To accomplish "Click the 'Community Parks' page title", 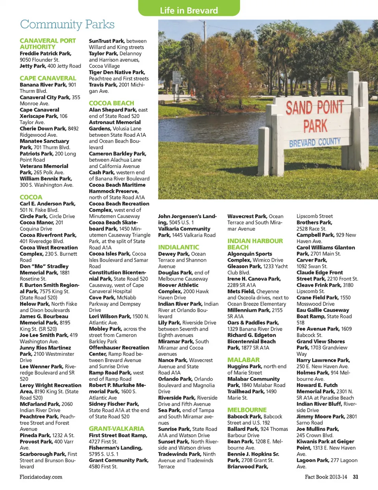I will [x=67, y=24].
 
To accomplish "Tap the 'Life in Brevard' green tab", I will [x=189, y=10].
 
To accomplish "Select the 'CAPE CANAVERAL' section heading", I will [x=48, y=78].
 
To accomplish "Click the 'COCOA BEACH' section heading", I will [x=111, y=103].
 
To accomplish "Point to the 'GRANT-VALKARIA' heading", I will [x=117, y=429].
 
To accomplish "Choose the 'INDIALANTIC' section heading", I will [x=179, y=247].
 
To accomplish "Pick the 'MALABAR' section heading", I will [x=243, y=360].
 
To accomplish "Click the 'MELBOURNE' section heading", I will [x=247, y=410].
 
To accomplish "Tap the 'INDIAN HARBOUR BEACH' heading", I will [x=255, y=244].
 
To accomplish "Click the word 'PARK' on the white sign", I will [x=315, y=126].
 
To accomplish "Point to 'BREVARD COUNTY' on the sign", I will [x=315, y=142].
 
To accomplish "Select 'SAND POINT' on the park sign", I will [x=315, y=107].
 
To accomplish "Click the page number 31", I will [x=356, y=477].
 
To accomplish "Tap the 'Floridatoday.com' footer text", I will [x=41, y=477].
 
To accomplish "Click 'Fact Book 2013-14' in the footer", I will [x=326, y=477].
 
